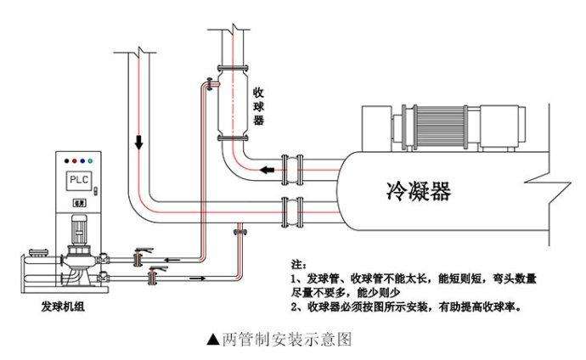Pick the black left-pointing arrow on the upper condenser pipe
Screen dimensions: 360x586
tap(268, 171)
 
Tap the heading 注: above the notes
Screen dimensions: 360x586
tap(294, 264)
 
